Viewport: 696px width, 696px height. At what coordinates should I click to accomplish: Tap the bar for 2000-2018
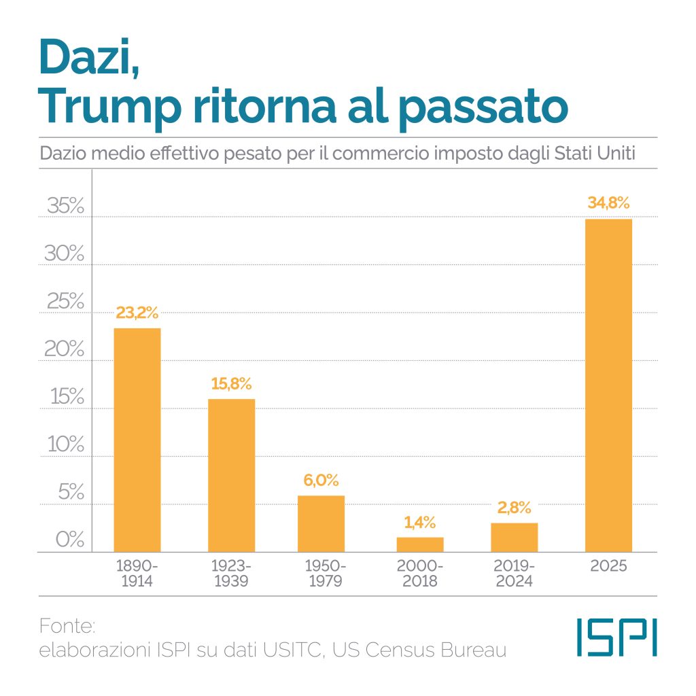click(420, 544)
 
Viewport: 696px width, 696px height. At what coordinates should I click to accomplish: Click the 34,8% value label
click(609, 203)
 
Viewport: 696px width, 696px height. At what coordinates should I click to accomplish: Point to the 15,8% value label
click(231, 383)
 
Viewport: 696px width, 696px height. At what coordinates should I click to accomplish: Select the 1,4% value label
click(420, 523)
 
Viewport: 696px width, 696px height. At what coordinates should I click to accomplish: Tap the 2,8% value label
click(515, 508)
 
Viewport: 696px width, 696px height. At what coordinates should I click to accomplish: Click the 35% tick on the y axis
click(65, 206)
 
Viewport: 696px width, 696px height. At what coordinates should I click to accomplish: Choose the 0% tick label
click(69, 540)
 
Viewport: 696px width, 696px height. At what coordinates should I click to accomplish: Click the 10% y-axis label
click(65, 445)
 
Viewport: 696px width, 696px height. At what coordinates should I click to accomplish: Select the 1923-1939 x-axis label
click(231, 574)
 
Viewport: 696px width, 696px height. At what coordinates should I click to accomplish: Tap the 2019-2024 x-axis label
click(515, 574)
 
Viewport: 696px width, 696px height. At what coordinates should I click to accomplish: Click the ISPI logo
click(616, 637)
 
